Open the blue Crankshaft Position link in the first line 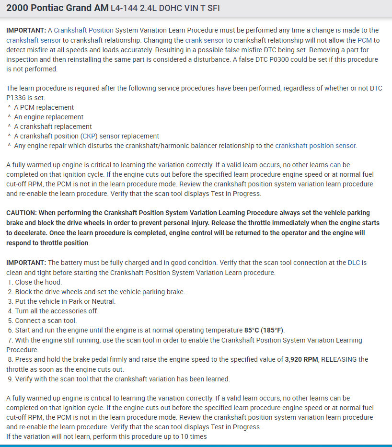point(83,30)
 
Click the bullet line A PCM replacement point(44,107)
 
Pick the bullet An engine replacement point(48,117)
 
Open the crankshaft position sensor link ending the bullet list point(315,146)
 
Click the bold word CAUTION point(21,213)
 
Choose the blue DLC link point(354,263)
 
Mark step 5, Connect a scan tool point(46,321)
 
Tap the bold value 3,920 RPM point(301,359)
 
